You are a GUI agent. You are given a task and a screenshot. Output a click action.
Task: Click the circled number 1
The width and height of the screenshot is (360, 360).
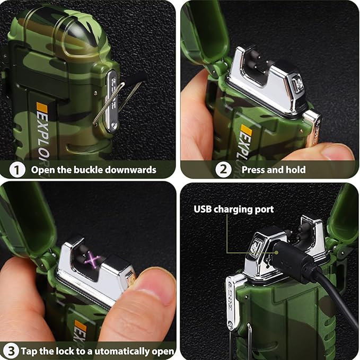click(x=17, y=170)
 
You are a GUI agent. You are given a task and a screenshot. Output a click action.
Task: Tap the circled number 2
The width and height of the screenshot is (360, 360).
click(x=223, y=170)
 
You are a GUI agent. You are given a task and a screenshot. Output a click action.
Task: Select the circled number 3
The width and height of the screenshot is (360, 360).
click(x=10, y=351)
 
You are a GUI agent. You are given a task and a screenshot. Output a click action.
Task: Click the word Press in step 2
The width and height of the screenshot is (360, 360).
click(x=253, y=170)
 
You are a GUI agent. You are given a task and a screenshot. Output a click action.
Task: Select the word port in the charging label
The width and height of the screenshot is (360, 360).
click(x=266, y=210)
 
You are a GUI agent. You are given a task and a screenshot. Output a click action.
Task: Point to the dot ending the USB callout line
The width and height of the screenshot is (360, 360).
click(x=277, y=252)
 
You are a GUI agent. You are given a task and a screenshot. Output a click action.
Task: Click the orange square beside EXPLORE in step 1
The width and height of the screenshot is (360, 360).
click(x=42, y=108)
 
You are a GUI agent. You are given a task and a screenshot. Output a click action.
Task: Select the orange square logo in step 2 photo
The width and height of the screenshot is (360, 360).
click(x=246, y=130)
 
